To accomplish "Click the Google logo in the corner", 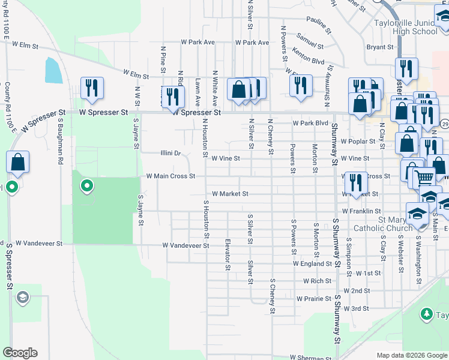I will (x=20, y=353).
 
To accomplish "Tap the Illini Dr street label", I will (x=170, y=153).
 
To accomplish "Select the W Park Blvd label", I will (x=311, y=123).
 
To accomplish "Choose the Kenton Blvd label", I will (x=308, y=61).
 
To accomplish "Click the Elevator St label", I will (x=228, y=255).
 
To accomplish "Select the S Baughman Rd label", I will (x=61, y=141).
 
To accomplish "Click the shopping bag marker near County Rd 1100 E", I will (x=18, y=162).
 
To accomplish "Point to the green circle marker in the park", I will (x=87, y=186).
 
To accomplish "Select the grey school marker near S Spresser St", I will (x=23, y=297).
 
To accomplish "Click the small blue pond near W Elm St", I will (x=52, y=71).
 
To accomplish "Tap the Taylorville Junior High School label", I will (x=406, y=28).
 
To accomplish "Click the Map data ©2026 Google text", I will (x=411, y=355).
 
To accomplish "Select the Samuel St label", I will (x=309, y=46).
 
